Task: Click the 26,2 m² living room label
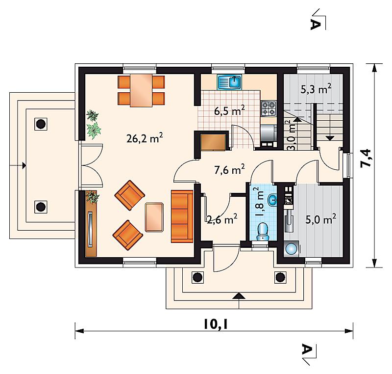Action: coord(145,138)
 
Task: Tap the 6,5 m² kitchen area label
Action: coord(229,110)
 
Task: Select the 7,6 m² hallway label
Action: coord(229,169)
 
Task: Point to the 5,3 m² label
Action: coord(316,89)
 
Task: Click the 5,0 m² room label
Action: coord(321,219)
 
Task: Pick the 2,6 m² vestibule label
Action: coord(222,219)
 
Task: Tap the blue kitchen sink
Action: coord(229,82)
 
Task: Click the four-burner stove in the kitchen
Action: coord(269,108)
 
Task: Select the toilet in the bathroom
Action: coord(262,232)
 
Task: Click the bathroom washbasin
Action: coord(272,200)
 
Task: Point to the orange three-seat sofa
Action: coord(182,216)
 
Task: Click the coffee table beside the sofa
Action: coord(154,217)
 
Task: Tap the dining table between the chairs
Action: coord(141,90)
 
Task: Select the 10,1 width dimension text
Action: coord(216,324)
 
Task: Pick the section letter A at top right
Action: coord(315,25)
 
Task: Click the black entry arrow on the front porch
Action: coord(239,296)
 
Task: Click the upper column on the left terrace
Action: coord(41,124)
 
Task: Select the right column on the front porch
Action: coord(280,277)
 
